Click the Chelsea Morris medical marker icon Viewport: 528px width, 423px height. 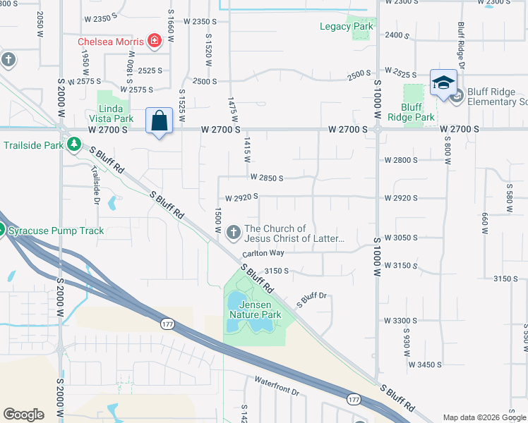pyautogui.click(x=155, y=42)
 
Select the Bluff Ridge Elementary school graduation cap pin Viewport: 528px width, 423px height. pyautogui.click(x=443, y=82)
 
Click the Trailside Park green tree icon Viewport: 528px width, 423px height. pyautogui.click(x=73, y=145)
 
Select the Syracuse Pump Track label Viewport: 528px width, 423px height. pyautogui.click(x=56, y=231)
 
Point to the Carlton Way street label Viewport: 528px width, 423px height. pyautogui.click(x=263, y=252)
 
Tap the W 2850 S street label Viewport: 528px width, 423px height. pyautogui.click(x=266, y=178)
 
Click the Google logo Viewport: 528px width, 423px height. pyautogui.click(x=24, y=415)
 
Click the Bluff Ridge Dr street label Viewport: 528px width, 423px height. pyautogui.click(x=461, y=45)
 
